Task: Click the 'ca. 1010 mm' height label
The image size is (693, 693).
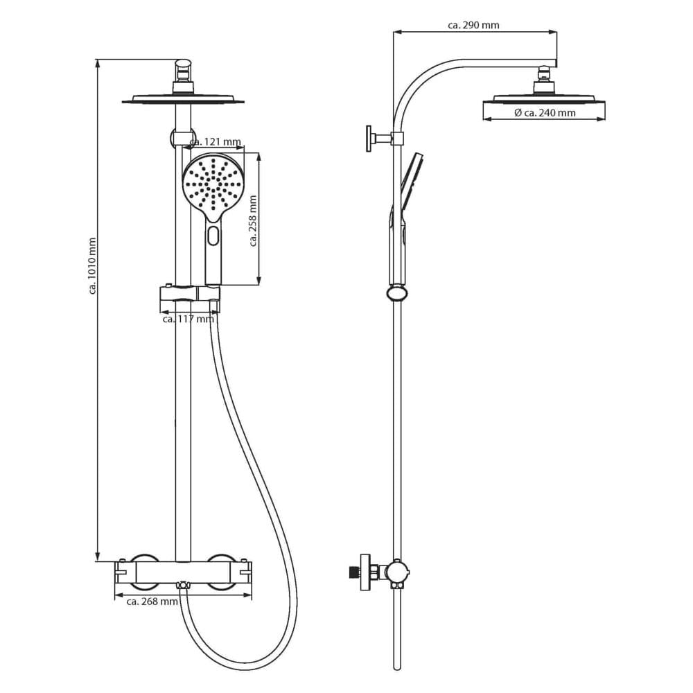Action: pos(92,266)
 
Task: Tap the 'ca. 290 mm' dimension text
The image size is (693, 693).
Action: pos(473,25)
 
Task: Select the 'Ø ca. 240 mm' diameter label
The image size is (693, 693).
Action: pos(545,113)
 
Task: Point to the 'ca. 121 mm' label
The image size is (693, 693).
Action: pos(216,142)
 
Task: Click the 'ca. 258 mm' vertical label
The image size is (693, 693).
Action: pos(253,221)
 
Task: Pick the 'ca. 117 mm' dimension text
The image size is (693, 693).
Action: pos(188,319)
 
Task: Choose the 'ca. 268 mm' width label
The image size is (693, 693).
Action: pos(152,602)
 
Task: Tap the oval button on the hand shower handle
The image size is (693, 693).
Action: pos(213,236)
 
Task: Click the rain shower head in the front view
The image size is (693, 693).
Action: pos(183,99)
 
